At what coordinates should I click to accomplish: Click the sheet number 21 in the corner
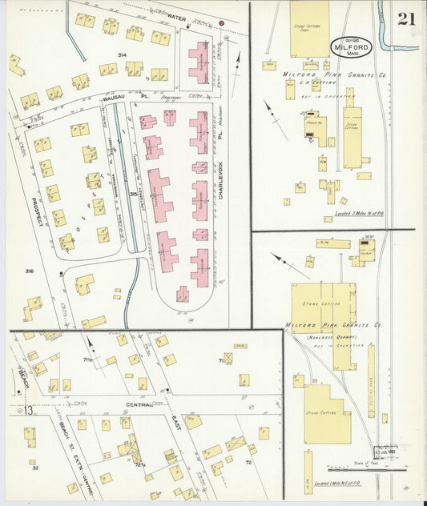coord(405,19)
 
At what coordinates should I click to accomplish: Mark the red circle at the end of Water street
coord(221,24)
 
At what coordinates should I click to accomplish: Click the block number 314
coord(122,54)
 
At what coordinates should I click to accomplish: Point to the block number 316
coord(29,271)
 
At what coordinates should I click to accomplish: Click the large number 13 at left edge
coord(28,411)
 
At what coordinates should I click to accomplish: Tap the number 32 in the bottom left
coord(35,468)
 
